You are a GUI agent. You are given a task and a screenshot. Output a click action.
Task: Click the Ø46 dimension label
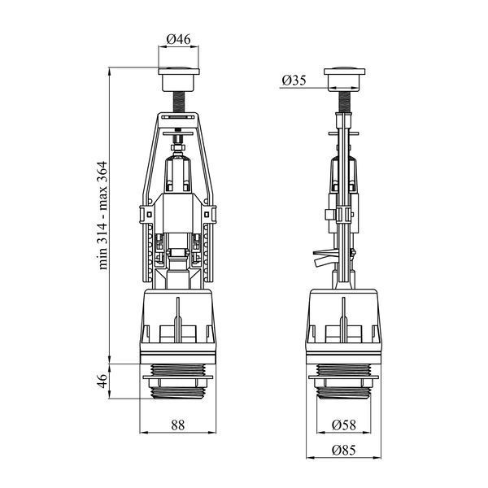pyautogui.click(x=178, y=39)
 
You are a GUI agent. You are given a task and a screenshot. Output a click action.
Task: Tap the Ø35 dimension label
pyautogui.click(x=294, y=81)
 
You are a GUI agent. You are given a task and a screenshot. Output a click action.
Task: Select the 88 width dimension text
pyautogui.click(x=177, y=425)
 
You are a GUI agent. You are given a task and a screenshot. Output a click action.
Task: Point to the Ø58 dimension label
pyautogui.click(x=343, y=425)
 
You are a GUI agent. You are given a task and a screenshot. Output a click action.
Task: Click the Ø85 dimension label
pyautogui.click(x=343, y=450)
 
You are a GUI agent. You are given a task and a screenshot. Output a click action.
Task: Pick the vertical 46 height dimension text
pyautogui.click(x=102, y=381)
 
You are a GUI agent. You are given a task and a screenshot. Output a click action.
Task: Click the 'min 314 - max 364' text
pyautogui.click(x=102, y=216)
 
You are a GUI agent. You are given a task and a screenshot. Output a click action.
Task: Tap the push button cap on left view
pyautogui.click(x=179, y=79)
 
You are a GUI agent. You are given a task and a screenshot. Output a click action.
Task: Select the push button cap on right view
pyautogui.click(x=344, y=79)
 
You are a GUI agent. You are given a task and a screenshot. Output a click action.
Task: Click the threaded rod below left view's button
pyautogui.click(x=179, y=102)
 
